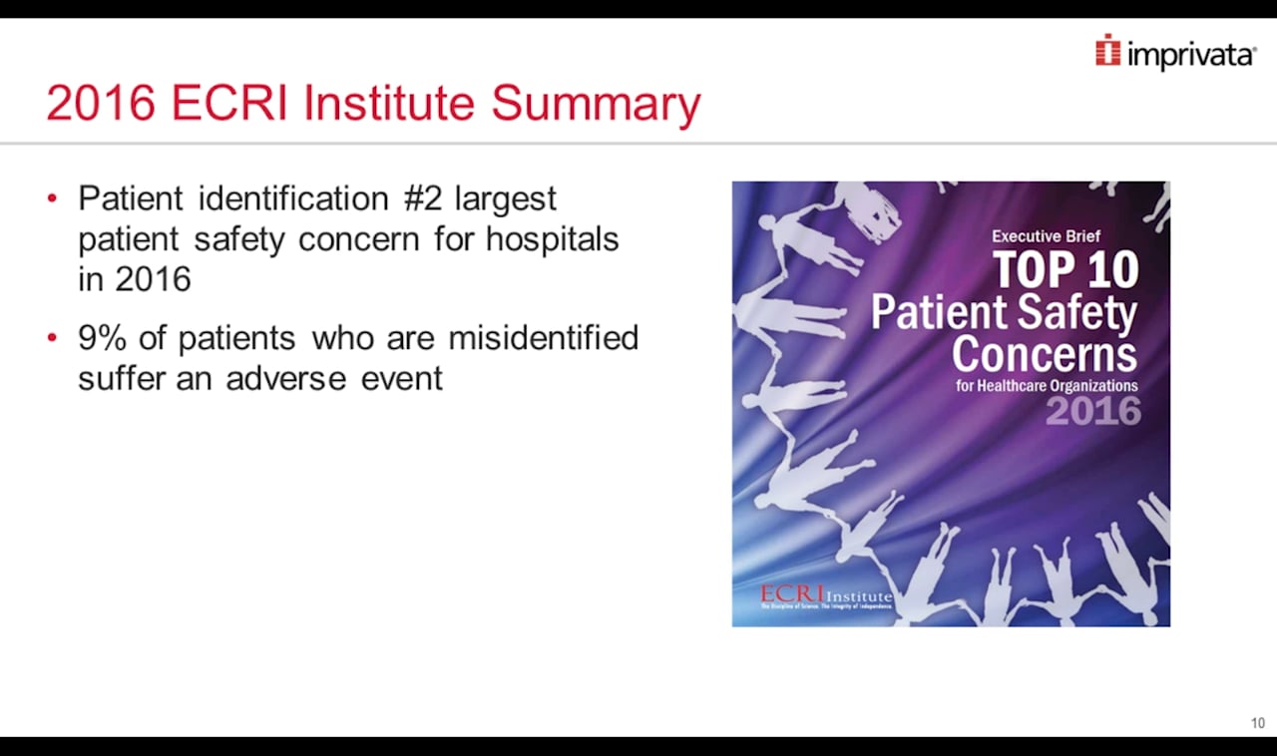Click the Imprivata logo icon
click(x=1107, y=51)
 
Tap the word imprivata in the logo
click(x=1190, y=56)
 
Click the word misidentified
click(x=543, y=339)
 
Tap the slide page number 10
click(x=1258, y=723)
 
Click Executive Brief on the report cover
click(x=1046, y=236)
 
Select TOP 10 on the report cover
click(x=1064, y=269)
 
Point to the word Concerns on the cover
click(x=1044, y=354)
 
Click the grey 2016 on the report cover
click(x=1092, y=411)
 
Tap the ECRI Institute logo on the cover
click(x=826, y=597)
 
